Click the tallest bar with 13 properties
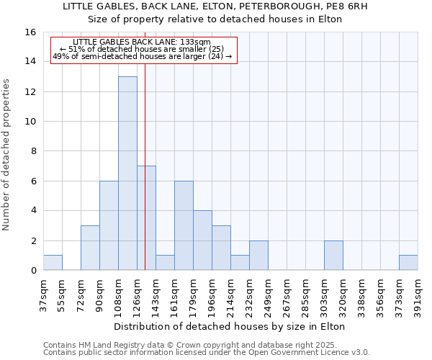(x=127, y=173)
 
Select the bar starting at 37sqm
(x=53, y=263)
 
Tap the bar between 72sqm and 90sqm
(x=90, y=248)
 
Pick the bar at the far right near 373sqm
(x=408, y=263)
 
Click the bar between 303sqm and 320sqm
(x=333, y=255)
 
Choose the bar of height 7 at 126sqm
(x=146, y=217)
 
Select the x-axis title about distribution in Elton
(x=230, y=326)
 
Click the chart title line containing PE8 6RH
(x=215, y=6)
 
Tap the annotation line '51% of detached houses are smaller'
(x=141, y=49)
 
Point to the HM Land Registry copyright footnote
(x=206, y=345)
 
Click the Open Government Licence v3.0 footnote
(x=206, y=352)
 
